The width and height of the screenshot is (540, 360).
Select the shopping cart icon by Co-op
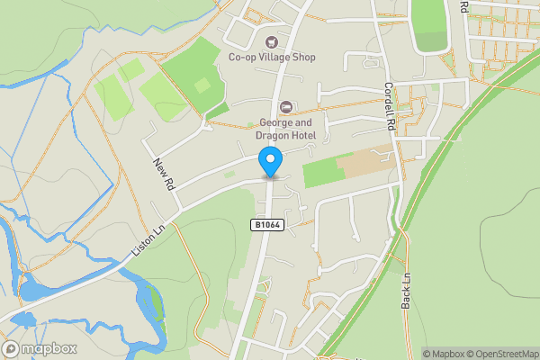coord(271,40)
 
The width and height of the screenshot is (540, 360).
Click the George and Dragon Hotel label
coord(286,128)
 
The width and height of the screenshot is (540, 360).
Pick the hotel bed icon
coord(286,108)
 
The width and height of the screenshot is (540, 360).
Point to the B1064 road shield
coord(267,225)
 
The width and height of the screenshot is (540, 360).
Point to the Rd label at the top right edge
coord(464,6)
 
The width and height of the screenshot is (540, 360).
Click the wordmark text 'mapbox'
coord(49,349)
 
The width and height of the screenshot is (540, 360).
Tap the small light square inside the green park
coord(202,85)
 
